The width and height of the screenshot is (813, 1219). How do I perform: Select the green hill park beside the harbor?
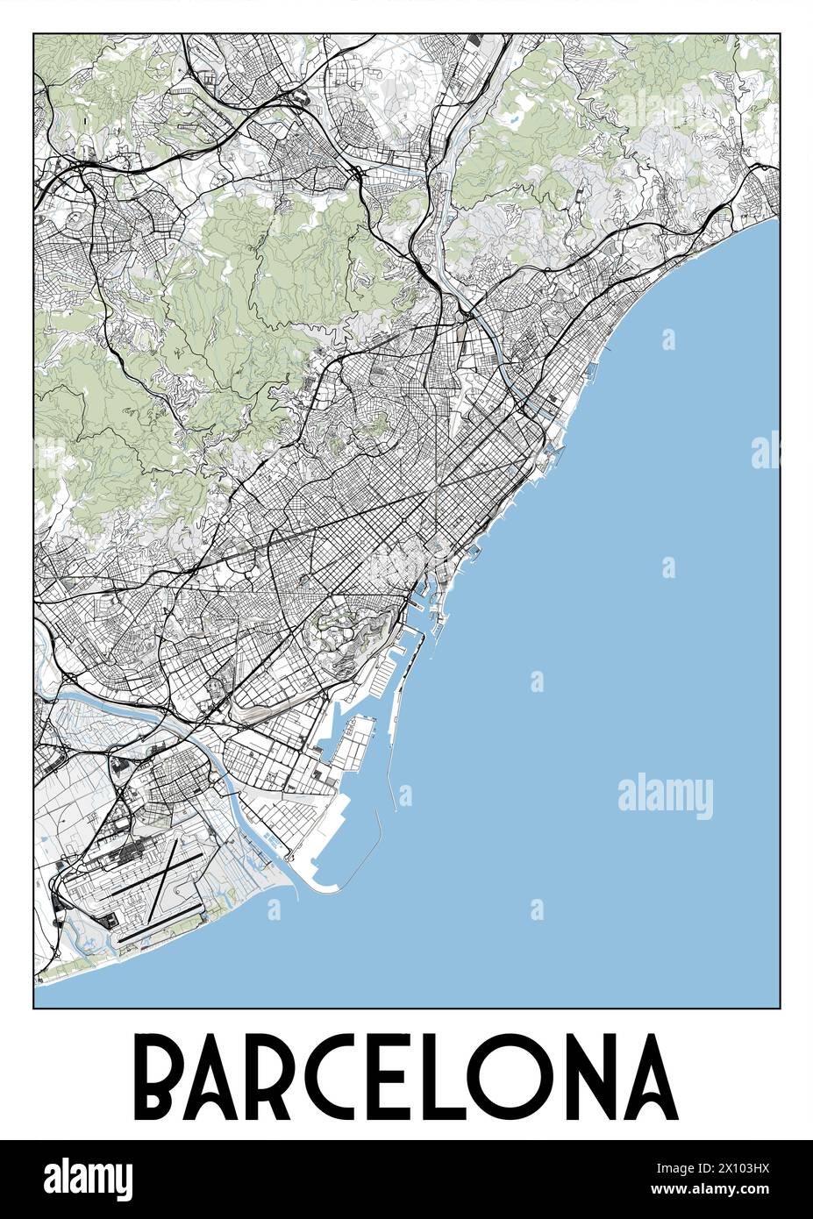click(x=346, y=635)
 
